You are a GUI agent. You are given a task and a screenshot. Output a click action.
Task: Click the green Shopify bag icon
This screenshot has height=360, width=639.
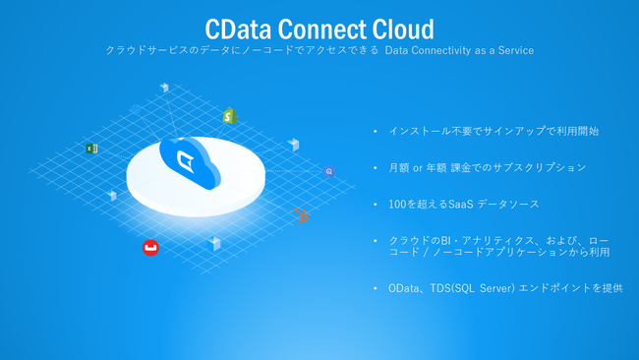230,116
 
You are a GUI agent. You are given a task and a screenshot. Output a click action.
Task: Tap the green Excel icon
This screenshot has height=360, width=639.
90,149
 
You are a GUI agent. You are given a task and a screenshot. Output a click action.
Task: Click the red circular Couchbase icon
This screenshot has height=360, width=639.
150,248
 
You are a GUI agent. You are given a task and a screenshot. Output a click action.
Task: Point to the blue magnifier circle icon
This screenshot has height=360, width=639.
328,171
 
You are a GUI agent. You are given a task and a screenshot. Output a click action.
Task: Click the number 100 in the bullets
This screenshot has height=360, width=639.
397,204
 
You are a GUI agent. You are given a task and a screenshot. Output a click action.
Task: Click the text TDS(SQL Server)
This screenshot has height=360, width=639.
471,288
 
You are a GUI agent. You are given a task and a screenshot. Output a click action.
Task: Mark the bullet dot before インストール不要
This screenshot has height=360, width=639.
375,131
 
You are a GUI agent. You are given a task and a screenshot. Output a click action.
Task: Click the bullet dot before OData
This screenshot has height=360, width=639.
375,288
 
